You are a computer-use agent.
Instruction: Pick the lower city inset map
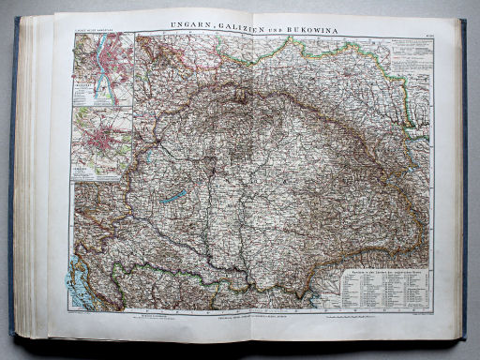102,143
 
